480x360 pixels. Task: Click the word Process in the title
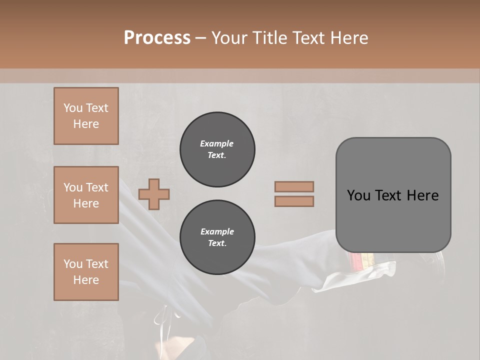click(157, 37)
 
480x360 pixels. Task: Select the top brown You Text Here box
click(86, 116)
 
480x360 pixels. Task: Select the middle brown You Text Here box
click(86, 195)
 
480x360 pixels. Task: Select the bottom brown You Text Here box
click(86, 272)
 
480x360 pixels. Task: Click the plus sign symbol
click(154, 194)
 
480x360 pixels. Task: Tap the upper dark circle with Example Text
click(217, 149)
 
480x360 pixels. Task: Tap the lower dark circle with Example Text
click(217, 237)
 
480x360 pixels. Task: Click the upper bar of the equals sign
click(294, 186)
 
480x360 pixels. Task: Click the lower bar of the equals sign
click(294, 201)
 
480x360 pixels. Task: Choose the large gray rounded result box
click(393, 195)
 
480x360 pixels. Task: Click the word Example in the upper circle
click(217, 143)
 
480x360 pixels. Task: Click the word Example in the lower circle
click(217, 231)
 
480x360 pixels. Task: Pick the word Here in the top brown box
click(86, 124)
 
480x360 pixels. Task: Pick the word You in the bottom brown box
click(73, 264)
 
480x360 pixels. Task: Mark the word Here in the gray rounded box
click(423, 195)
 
